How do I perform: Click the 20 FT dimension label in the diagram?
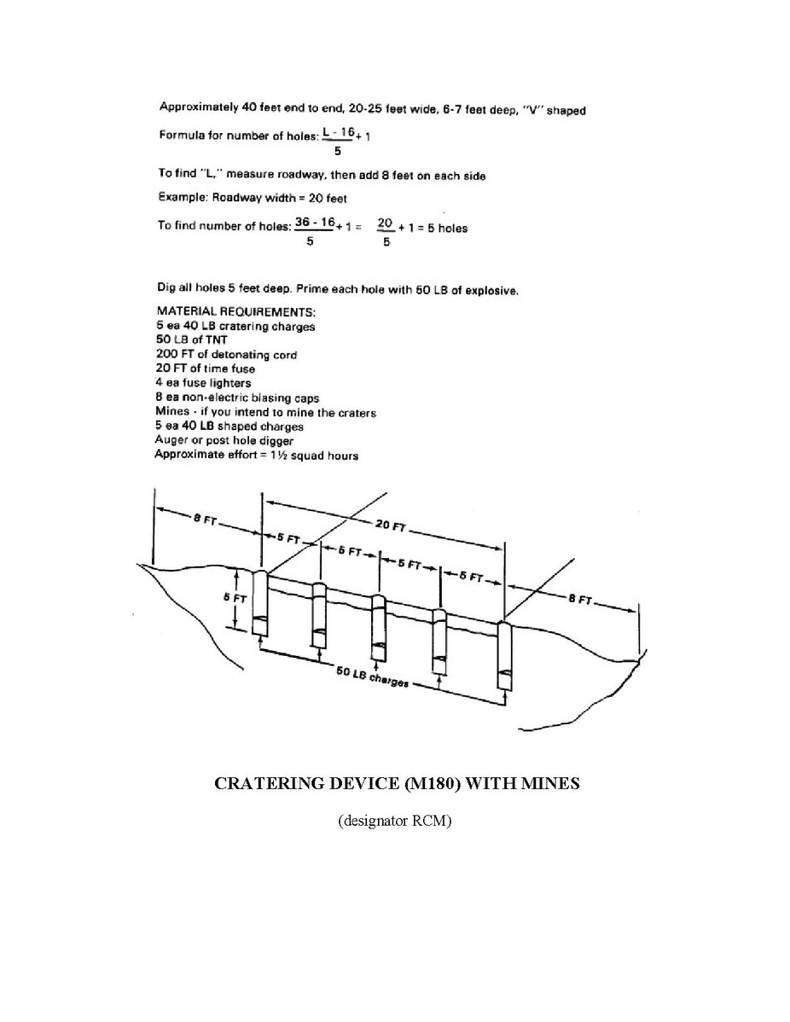pyautogui.click(x=390, y=526)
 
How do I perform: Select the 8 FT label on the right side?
pyautogui.click(x=581, y=600)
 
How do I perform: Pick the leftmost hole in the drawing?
pyautogui.click(x=260, y=605)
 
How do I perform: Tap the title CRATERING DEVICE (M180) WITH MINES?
pyautogui.click(x=396, y=783)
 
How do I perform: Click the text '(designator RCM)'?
pyautogui.click(x=394, y=822)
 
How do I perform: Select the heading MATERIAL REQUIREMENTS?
pyautogui.click(x=236, y=311)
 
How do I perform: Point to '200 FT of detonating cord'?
pyautogui.click(x=226, y=354)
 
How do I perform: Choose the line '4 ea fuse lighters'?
pyautogui.click(x=203, y=383)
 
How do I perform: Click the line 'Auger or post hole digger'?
pyautogui.click(x=224, y=440)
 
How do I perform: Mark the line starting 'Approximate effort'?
pyautogui.click(x=257, y=455)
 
